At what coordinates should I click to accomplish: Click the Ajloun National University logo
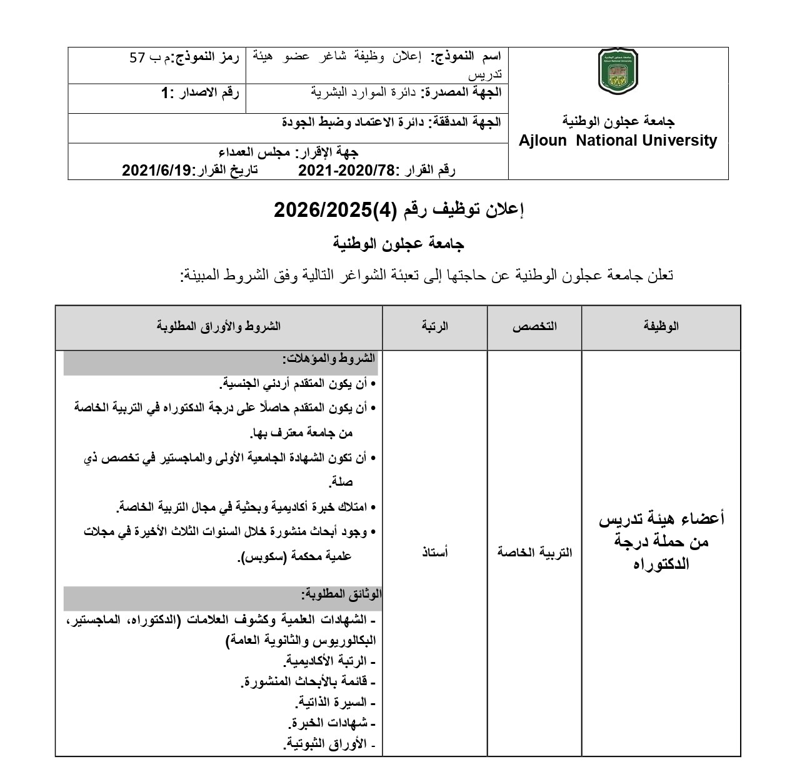click(618, 73)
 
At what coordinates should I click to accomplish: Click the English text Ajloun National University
click(618, 141)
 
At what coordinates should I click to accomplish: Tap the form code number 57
click(136, 58)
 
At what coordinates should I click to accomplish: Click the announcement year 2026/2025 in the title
click(323, 210)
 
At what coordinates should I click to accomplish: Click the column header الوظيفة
click(661, 326)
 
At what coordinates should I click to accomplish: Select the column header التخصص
click(534, 326)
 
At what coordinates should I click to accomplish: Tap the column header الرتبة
click(435, 326)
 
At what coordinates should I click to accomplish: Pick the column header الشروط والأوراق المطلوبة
click(219, 326)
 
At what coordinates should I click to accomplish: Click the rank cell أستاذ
click(435, 552)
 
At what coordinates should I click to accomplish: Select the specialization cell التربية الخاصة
click(534, 552)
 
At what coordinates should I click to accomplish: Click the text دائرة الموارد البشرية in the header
click(364, 92)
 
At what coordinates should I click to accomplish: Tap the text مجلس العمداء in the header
click(254, 153)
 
